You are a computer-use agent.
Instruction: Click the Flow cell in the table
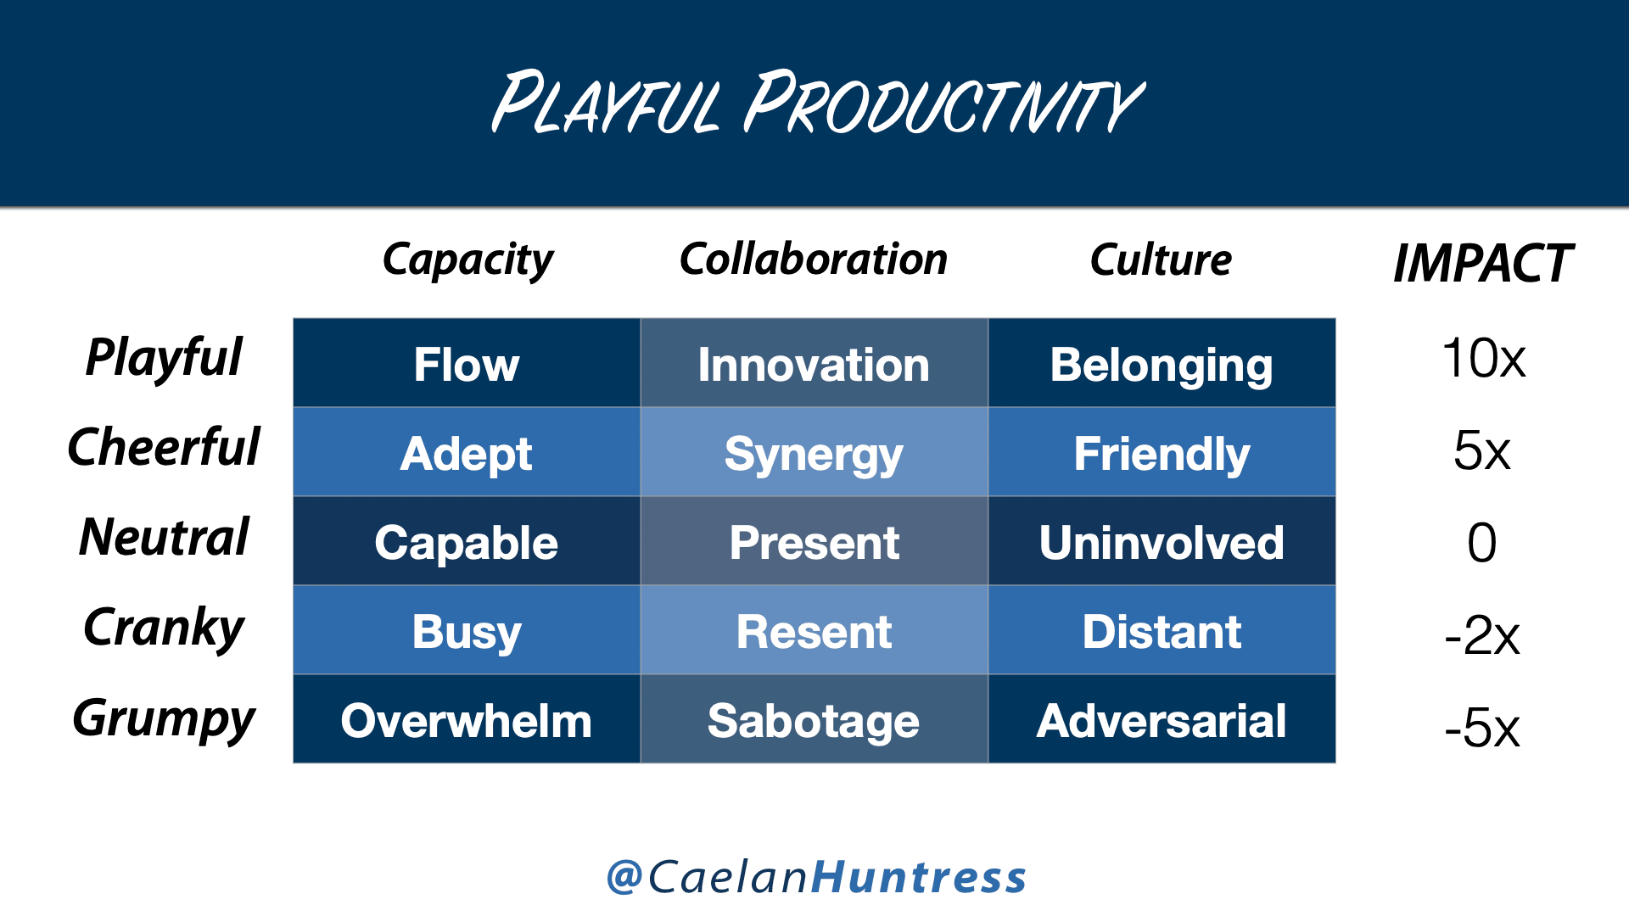[x=467, y=363]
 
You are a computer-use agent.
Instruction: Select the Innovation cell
[x=814, y=363]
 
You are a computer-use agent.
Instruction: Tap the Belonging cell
[x=1162, y=363]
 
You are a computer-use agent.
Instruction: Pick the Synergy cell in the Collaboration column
[x=814, y=452]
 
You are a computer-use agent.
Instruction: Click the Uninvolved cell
[x=1162, y=541]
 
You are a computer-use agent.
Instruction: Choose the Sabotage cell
[x=814, y=719]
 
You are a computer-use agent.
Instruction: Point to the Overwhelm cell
[x=467, y=719]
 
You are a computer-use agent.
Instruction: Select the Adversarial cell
[x=1162, y=719]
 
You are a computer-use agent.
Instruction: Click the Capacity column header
[x=467, y=260]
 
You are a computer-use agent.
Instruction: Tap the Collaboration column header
[x=814, y=259]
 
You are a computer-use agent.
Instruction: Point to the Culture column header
[x=1161, y=260]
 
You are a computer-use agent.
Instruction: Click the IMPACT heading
[x=1483, y=263]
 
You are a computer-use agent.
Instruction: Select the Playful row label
[x=164, y=358]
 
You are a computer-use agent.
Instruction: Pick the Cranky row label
[x=164, y=628]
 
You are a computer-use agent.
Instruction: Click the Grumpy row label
[x=164, y=718]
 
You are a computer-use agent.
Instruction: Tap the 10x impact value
[x=1483, y=358]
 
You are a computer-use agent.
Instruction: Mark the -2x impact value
[x=1482, y=635]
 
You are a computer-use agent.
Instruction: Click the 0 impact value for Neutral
[x=1482, y=542]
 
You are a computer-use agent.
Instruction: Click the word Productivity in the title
[x=943, y=103]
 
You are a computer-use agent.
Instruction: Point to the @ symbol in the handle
[x=624, y=876]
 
